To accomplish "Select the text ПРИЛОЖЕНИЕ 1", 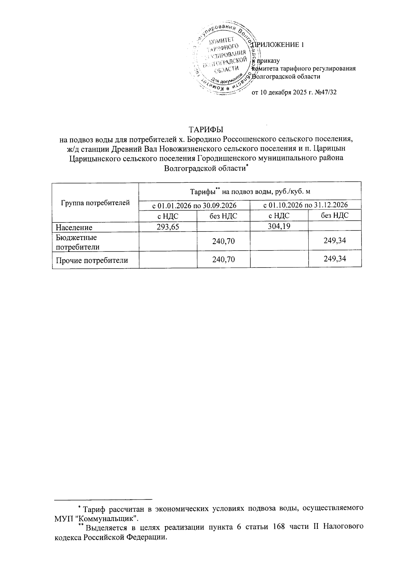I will (277, 44).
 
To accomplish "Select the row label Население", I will (74, 227).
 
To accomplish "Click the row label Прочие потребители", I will (92, 260).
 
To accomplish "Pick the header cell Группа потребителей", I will (95, 203).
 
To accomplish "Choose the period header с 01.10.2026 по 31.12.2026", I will (305, 205).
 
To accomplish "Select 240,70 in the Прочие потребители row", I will (224, 260).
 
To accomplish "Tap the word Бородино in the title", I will (202, 139).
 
